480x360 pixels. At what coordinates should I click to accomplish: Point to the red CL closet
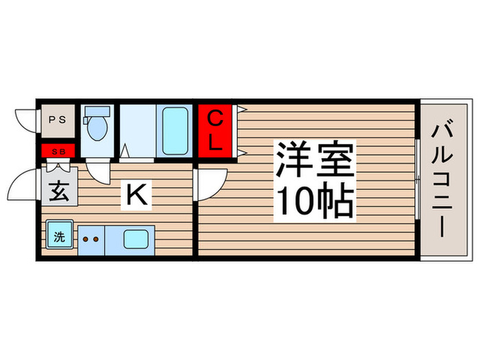(215, 132)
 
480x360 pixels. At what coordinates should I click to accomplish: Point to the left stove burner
(86, 239)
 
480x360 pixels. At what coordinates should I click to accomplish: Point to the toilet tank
(97, 111)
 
